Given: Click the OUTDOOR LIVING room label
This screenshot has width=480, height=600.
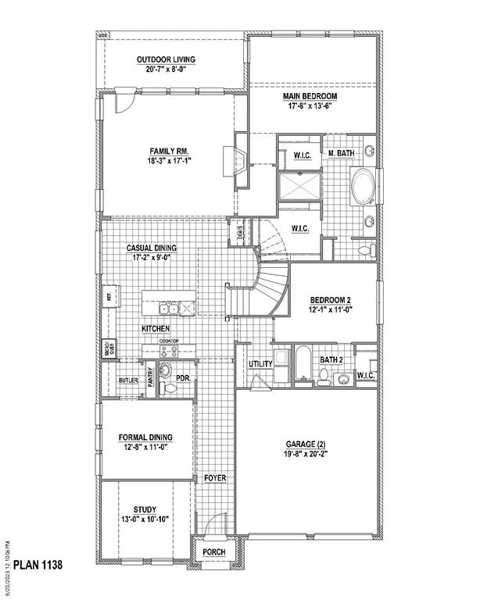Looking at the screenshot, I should (165, 59).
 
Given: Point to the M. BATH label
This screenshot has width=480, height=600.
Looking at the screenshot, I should (342, 153).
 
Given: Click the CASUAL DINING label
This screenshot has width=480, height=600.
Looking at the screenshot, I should (152, 248).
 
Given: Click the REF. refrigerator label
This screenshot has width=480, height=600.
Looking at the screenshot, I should (109, 297).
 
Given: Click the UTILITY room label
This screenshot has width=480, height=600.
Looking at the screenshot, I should (260, 364).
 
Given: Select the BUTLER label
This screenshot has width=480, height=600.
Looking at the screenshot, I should (128, 380).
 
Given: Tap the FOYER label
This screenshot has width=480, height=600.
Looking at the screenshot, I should (214, 477).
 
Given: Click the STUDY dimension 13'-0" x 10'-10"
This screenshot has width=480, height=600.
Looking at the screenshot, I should (145, 519).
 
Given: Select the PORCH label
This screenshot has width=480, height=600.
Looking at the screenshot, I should (214, 552).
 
